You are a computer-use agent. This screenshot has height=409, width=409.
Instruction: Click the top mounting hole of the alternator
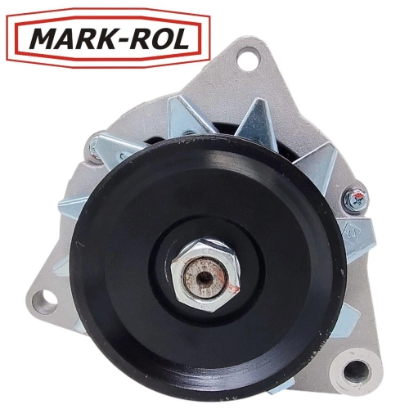248,59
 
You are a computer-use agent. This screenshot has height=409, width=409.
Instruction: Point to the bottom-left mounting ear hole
44,302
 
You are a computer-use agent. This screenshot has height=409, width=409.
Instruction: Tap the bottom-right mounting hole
357,372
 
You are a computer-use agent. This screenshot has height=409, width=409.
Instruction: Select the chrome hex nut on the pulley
205,276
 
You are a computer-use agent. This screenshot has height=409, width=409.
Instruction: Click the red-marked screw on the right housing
355,198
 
